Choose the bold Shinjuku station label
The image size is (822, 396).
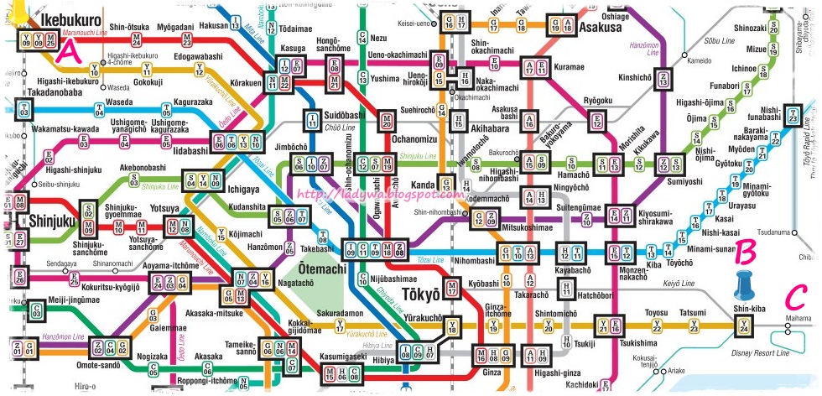pyautogui.click(x=53, y=221)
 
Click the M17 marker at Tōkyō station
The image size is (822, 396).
pyautogui.click(x=452, y=290)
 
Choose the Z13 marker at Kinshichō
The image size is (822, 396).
pyautogui.click(x=664, y=80)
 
